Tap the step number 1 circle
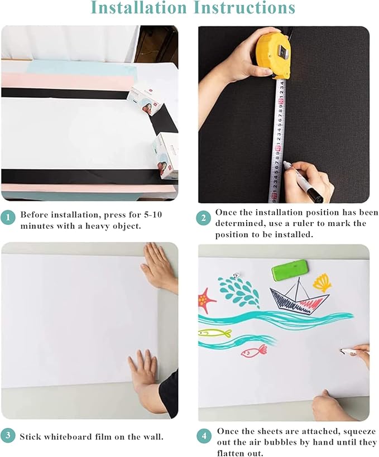8,218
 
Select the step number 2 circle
204,218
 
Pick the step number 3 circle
8,436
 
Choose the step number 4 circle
204,436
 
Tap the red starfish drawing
206,300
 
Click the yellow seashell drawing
322,282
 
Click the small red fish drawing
255,350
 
